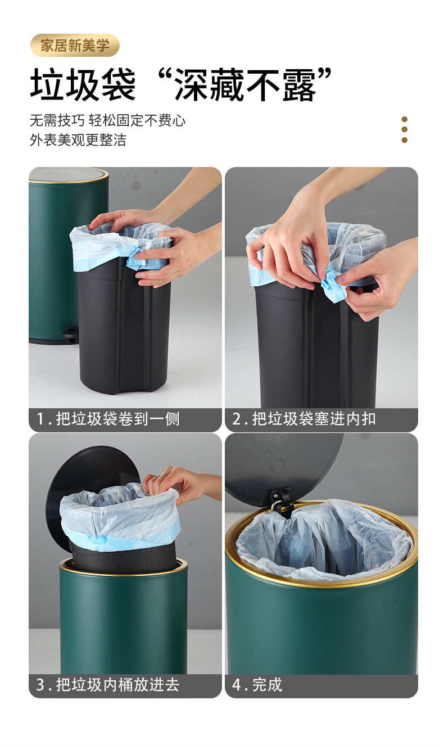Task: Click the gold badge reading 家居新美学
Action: [74, 45]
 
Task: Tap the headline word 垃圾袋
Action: [83, 84]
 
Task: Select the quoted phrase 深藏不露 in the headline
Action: [244, 84]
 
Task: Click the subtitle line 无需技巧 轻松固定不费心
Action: [108, 120]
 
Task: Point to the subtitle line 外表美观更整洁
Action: [78, 139]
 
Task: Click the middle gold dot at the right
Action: [405, 129]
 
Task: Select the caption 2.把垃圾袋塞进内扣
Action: [303, 419]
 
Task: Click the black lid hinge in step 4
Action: [281, 502]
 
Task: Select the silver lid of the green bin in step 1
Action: [68, 175]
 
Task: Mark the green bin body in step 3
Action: [124, 618]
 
